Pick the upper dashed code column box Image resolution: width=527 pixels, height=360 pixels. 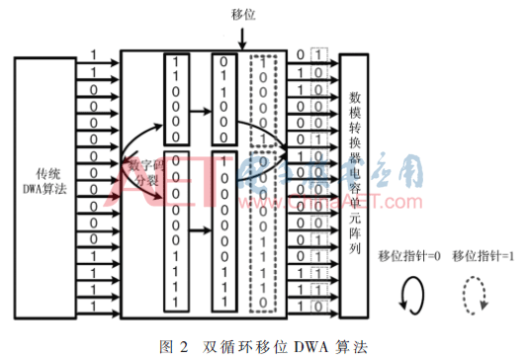pos(262,97)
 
